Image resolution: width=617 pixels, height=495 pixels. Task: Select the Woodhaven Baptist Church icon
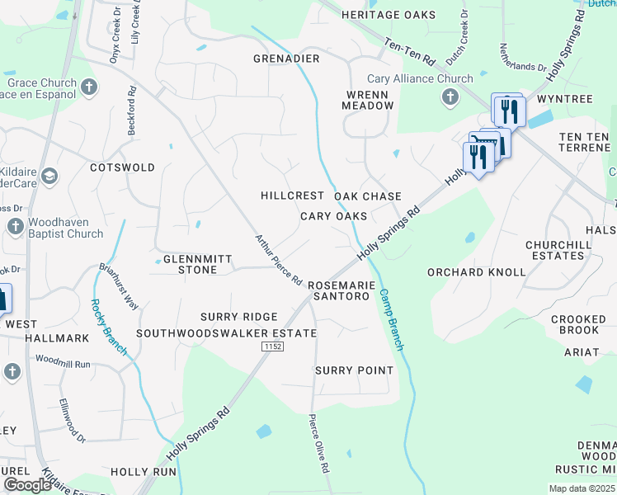(x=13, y=227)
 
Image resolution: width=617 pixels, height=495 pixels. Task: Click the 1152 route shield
(x=274, y=347)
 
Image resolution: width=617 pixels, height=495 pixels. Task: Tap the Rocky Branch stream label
(x=108, y=326)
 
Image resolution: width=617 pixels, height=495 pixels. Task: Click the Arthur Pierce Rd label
(x=278, y=261)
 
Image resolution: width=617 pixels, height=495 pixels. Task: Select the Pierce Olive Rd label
(x=319, y=443)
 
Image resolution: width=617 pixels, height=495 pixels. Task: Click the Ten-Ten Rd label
(x=407, y=51)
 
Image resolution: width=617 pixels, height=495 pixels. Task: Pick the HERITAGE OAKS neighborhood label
(x=389, y=15)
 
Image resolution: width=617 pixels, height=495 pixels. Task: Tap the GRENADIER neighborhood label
(x=286, y=59)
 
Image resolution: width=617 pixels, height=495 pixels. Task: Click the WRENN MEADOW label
(x=369, y=100)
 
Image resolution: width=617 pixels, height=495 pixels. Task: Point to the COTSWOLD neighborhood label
(x=122, y=167)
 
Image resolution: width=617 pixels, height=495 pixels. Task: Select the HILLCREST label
(x=292, y=196)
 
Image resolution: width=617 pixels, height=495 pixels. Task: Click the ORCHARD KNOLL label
(x=476, y=271)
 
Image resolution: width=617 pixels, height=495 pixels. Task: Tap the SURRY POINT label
(x=355, y=370)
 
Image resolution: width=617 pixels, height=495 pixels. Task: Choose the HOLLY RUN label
(x=144, y=472)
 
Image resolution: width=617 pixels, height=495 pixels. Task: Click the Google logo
(x=27, y=484)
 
